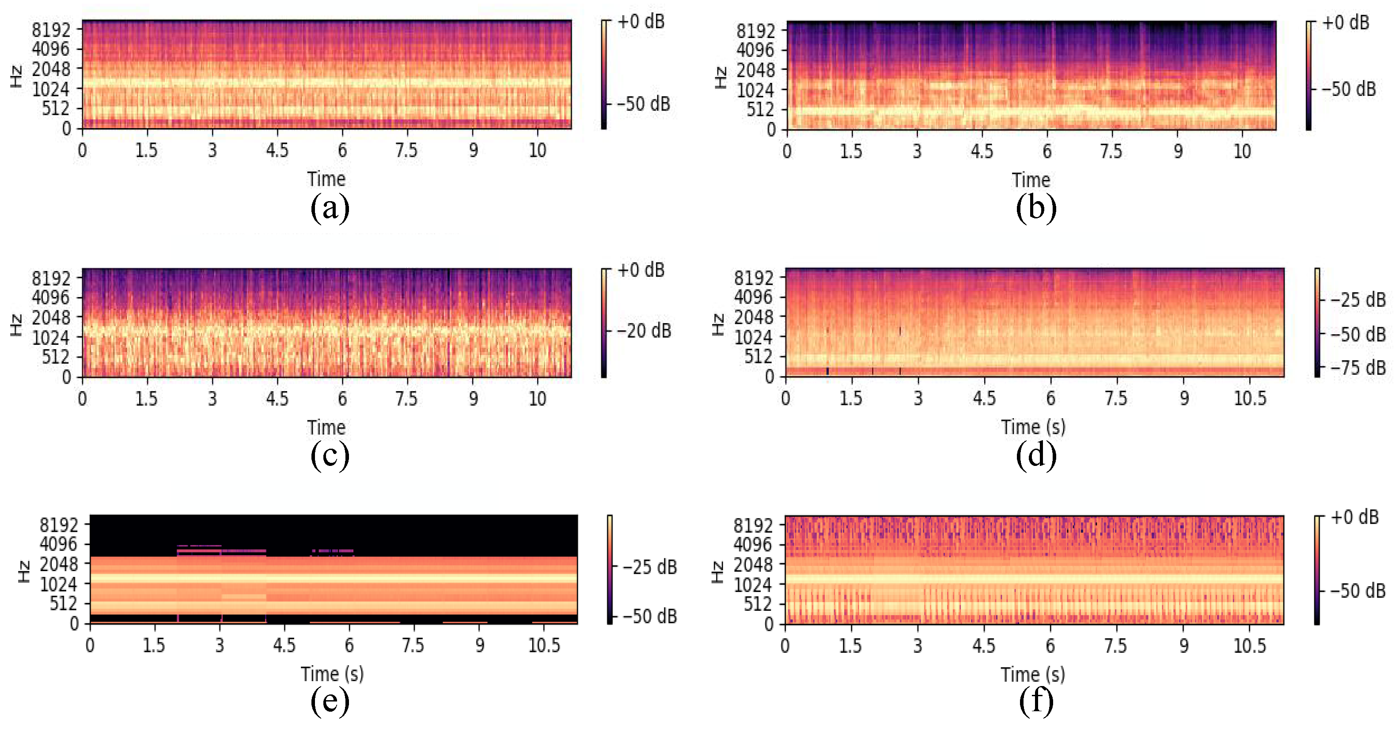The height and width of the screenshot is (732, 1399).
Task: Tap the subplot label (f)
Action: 1036,701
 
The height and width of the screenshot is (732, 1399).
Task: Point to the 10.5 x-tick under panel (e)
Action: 544,646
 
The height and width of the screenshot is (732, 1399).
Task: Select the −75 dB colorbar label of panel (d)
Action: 1358,368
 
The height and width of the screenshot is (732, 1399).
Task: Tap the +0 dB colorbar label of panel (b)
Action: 1345,23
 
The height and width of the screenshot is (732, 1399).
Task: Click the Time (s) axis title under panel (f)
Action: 1032,675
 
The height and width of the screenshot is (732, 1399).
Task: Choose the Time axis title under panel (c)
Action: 326,427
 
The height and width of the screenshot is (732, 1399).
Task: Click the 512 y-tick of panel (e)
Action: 64,603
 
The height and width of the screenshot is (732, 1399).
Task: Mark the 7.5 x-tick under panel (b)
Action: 1111,151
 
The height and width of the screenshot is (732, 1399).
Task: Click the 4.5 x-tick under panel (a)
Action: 277,150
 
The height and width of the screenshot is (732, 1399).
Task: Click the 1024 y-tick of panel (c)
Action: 50,337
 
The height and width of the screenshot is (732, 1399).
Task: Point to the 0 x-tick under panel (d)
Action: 785,398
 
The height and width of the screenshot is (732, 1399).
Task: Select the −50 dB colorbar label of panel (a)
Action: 644,104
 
